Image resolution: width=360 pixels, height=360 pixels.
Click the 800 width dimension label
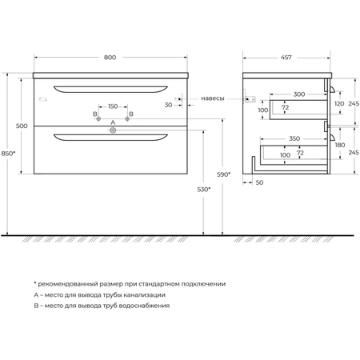[110, 58]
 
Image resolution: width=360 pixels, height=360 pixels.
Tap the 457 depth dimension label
[286, 58]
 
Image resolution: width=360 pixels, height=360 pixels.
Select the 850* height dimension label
[8, 154]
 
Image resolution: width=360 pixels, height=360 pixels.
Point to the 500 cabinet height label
[22, 126]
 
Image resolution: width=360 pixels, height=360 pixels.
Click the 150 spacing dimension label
[113, 106]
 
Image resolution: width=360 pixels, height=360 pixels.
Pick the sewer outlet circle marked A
[113, 130]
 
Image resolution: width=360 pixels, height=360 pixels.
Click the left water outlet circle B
[98, 118]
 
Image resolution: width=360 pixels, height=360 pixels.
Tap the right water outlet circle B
[127, 118]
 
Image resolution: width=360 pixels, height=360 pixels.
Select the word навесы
[213, 98]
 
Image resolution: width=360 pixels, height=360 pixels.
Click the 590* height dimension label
[223, 174]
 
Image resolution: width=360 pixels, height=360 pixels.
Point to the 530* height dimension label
[204, 190]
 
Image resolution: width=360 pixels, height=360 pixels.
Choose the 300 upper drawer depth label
[299, 94]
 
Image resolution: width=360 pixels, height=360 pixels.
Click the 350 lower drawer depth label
[294, 138]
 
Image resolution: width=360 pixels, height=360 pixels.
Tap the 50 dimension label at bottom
[259, 182]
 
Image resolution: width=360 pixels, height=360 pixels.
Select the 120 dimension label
[339, 103]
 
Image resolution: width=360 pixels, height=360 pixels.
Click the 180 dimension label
[340, 145]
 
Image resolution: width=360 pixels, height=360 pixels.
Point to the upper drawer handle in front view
[110, 90]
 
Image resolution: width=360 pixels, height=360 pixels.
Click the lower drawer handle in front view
[110, 138]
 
